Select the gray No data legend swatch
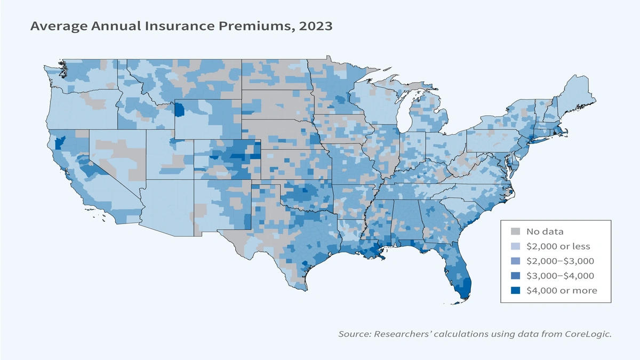click(x=515, y=231)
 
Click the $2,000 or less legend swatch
click(x=515, y=246)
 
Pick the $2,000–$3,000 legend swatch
click(x=515, y=261)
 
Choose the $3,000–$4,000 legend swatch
click(x=515, y=276)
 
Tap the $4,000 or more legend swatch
click(x=515, y=290)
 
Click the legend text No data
click(x=545, y=231)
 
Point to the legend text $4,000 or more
click(x=562, y=290)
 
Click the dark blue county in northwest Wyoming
click(x=179, y=110)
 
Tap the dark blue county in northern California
click(x=60, y=142)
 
